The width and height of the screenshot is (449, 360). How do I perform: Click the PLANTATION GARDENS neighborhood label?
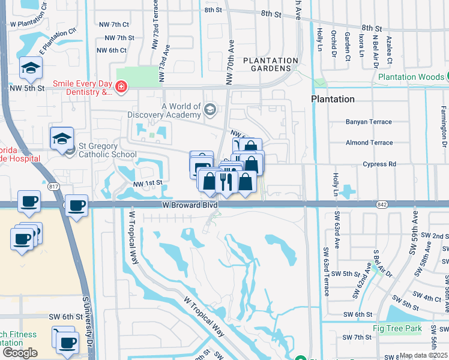click(270, 64)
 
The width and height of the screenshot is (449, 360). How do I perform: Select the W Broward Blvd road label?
click(189, 205)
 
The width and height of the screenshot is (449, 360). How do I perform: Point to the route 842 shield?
click(382, 205)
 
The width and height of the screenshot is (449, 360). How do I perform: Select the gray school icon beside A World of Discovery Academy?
click(209, 110)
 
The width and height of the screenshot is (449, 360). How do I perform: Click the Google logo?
click(20, 352)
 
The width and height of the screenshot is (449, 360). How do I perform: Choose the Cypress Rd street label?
click(379, 164)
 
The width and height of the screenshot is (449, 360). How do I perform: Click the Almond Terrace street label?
click(369, 143)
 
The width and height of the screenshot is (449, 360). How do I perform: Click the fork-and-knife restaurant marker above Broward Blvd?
click(224, 181)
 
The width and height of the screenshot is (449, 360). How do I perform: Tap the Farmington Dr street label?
click(444, 126)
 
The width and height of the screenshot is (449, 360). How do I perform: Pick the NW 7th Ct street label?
click(116, 25)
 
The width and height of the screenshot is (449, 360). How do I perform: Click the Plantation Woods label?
click(411, 77)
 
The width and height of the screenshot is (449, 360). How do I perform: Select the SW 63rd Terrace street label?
click(326, 271)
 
